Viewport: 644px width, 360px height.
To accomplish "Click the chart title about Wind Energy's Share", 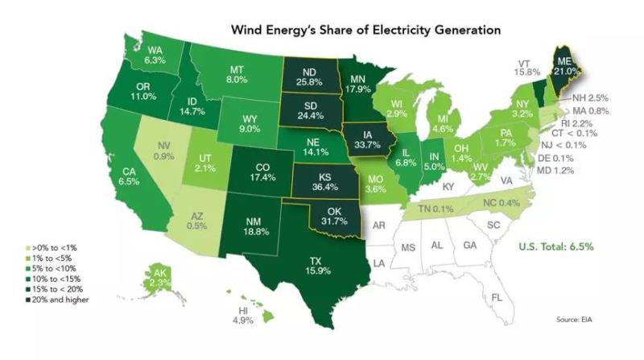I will (x=366, y=30).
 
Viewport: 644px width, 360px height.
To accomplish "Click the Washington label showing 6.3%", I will (x=155, y=53).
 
